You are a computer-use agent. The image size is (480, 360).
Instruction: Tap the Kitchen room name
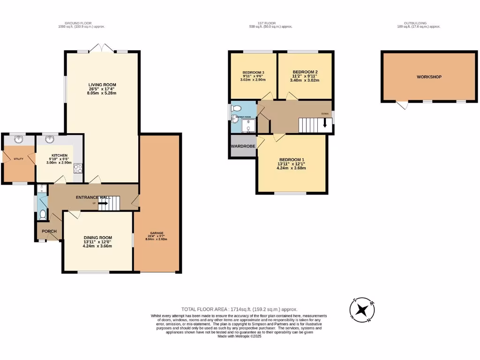[60, 155]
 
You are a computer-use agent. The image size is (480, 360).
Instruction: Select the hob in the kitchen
[78, 169]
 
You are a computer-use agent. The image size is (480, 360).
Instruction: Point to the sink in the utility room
[18, 139]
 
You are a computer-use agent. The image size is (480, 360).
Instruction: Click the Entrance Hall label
[93, 197]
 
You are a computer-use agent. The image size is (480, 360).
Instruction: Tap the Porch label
[49, 231]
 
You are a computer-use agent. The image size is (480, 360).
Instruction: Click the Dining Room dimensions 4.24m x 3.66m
[98, 245]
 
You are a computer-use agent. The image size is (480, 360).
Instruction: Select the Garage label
[157, 233]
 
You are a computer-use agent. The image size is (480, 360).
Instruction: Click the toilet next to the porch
[43, 215]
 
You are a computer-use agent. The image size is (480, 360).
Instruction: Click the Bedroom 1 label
[292, 159]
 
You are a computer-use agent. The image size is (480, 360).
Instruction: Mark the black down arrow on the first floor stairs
[324, 124]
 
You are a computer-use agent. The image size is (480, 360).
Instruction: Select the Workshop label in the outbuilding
[429, 77]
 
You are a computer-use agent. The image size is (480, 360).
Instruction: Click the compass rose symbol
[362, 310]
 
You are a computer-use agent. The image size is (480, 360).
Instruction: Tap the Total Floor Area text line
[239, 309]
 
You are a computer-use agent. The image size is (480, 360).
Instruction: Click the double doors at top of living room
[104, 48]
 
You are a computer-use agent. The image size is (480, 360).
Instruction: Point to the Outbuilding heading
[415, 22]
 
